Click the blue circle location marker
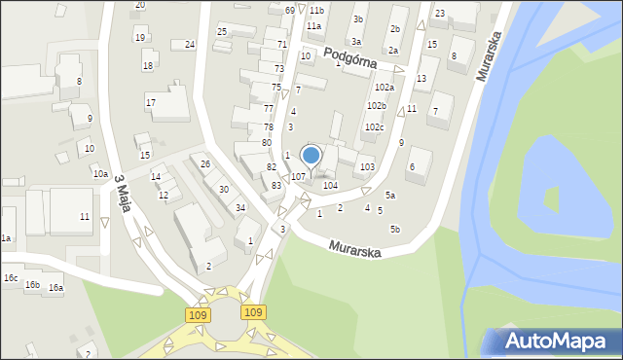click(311, 155)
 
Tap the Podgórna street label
click(350, 54)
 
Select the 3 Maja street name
click(123, 192)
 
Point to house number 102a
click(384, 87)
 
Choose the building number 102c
click(375, 127)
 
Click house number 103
click(367, 167)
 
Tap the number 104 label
click(330, 185)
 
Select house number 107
click(299, 176)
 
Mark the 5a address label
click(390, 195)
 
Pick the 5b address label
click(395, 229)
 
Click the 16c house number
click(10, 278)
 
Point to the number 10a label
click(100, 173)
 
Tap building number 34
click(239, 207)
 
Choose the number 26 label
click(205, 163)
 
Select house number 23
click(440, 13)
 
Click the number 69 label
click(289, 10)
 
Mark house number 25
click(222, 32)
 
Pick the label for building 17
click(150, 102)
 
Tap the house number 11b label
click(317, 10)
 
